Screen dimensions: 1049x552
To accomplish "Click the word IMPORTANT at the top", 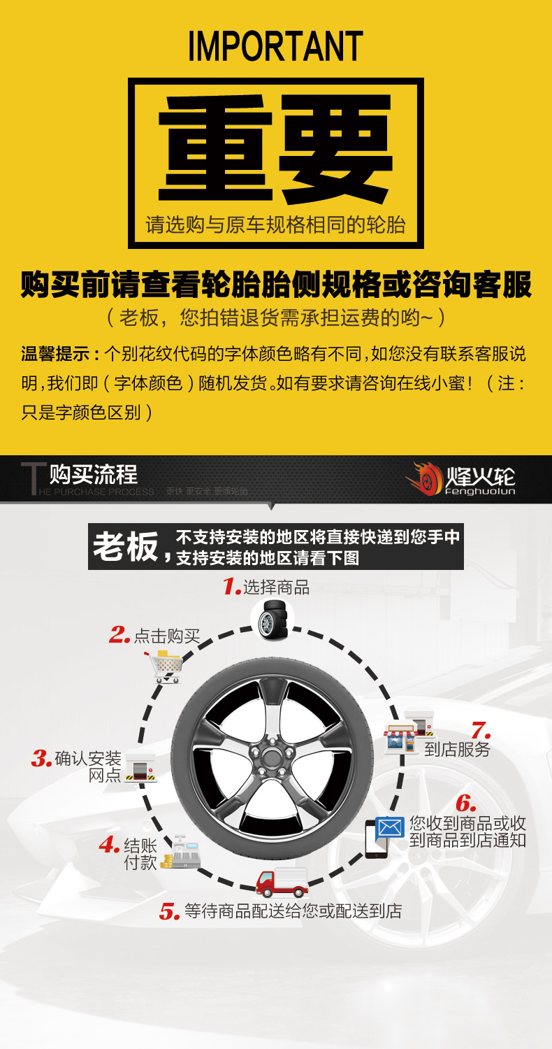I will (x=275, y=46).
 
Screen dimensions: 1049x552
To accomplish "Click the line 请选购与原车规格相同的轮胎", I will (x=275, y=225).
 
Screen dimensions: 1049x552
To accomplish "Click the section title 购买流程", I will (x=94, y=476).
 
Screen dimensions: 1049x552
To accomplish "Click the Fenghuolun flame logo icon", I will (x=423, y=479).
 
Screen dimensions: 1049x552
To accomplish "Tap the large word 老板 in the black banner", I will (x=126, y=547).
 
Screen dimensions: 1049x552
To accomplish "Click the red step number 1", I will (x=231, y=587).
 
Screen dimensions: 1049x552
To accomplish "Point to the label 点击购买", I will (x=167, y=636).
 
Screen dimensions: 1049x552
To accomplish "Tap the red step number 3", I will (x=42, y=759).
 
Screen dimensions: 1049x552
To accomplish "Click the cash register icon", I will (x=181, y=852).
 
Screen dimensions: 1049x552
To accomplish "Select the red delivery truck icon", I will (x=282, y=883).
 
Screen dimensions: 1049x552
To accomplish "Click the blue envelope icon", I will (x=390, y=828).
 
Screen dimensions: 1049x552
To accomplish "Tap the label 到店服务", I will (x=458, y=750).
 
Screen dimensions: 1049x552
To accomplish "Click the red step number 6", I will (x=466, y=804).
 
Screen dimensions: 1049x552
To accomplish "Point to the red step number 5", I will (x=170, y=912).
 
